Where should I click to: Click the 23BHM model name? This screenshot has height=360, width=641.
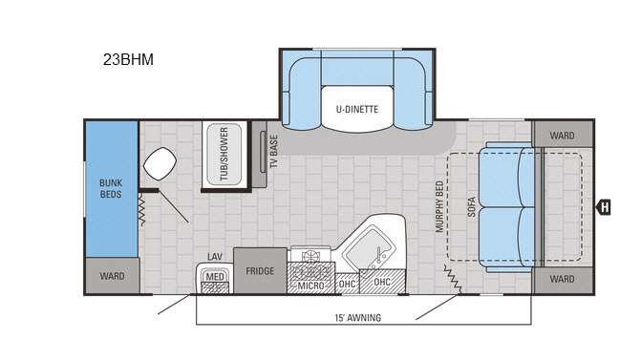click(x=128, y=59)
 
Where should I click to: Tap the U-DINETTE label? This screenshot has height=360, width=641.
click(x=357, y=109)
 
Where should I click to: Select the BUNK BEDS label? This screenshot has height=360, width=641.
click(x=111, y=188)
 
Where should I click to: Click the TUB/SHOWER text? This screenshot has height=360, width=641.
click(x=224, y=154)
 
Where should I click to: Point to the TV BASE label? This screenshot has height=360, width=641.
click(x=274, y=152)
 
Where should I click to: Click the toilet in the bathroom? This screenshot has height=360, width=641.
click(x=160, y=163)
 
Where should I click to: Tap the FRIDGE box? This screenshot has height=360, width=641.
click(x=260, y=270)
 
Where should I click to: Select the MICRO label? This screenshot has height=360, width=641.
click(x=311, y=286)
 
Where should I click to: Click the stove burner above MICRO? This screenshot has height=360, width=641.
click(x=310, y=256)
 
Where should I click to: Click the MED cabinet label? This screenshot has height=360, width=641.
click(x=215, y=277)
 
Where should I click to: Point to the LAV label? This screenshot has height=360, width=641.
click(x=215, y=257)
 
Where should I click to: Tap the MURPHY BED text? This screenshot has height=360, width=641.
click(x=439, y=207)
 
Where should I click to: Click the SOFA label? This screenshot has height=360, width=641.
click(x=471, y=207)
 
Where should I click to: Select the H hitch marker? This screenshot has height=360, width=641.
click(x=604, y=207)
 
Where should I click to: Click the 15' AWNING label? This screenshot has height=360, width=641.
click(x=358, y=317)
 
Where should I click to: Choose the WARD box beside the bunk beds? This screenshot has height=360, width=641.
click(x=112, y=276)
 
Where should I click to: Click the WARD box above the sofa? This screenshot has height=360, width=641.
click(x=563, y=135)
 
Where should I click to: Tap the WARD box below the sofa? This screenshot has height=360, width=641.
click(x=563, y=280)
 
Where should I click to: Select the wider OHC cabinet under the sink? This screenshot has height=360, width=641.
click(x=382, y=282)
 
